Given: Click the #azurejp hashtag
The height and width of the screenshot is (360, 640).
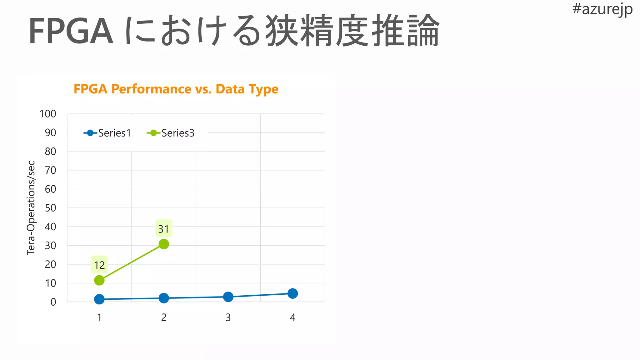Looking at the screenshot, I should pos(602,9).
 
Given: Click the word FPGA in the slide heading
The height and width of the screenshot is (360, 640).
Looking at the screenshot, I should pos(71,32).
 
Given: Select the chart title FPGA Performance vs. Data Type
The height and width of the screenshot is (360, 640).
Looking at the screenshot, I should pos(176,89).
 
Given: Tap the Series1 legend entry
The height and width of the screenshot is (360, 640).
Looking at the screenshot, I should pos(107,133).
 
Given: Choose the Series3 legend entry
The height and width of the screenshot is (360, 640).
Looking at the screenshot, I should pos(171,133).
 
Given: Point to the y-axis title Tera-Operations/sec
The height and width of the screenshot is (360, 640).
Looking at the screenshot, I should pos(31,208).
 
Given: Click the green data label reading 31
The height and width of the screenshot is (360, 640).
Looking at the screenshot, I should pos(164,229).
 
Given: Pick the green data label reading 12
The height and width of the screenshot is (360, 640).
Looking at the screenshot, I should pos(99,265).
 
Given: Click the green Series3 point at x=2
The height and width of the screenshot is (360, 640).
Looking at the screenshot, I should pos(164,244).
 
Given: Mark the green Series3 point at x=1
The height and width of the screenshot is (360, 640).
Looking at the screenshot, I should pos(99,280).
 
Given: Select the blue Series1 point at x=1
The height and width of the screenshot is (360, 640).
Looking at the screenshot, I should pos(99,299).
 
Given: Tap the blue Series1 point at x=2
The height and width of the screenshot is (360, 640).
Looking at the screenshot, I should pos(164,298).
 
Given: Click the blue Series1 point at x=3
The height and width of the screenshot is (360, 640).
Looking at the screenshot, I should pos(228,297).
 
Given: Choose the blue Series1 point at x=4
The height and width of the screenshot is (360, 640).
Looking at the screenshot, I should pos(292,293).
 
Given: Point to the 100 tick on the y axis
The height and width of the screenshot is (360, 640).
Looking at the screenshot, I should pos(48,114).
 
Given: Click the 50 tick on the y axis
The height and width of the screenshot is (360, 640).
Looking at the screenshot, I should pos(50,208).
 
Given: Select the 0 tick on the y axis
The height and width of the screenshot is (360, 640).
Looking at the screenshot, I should pos(53,302).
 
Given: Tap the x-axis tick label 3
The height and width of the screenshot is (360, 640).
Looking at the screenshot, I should pos(228,317).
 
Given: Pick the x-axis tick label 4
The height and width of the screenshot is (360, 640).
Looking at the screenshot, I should pos(292,317).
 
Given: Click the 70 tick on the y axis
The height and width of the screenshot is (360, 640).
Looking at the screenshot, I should pos(50,170).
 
